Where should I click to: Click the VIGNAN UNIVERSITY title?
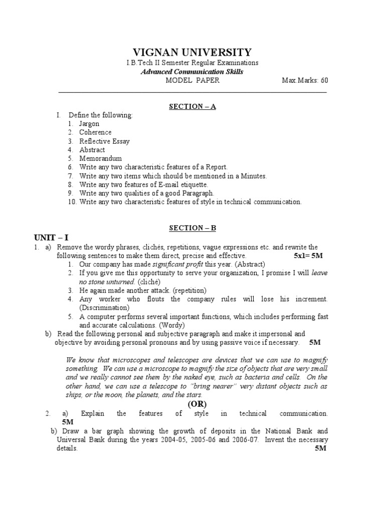(x=192, y=53)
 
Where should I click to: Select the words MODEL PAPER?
(x=192, y=80)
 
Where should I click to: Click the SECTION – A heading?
(x=192, y=106)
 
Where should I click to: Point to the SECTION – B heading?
(x=192, y=227)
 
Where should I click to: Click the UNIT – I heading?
(x=51, y=237)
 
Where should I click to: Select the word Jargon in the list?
(x=89, y=123)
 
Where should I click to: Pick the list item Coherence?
(x=95, y=133)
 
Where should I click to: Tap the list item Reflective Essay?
(x=104, y=141)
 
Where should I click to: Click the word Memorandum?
(x=100, y=158)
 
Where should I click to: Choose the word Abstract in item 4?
(x=92, y=150)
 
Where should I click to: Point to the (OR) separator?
(x=198, y=404)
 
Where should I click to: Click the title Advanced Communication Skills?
(x=192, y=71)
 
